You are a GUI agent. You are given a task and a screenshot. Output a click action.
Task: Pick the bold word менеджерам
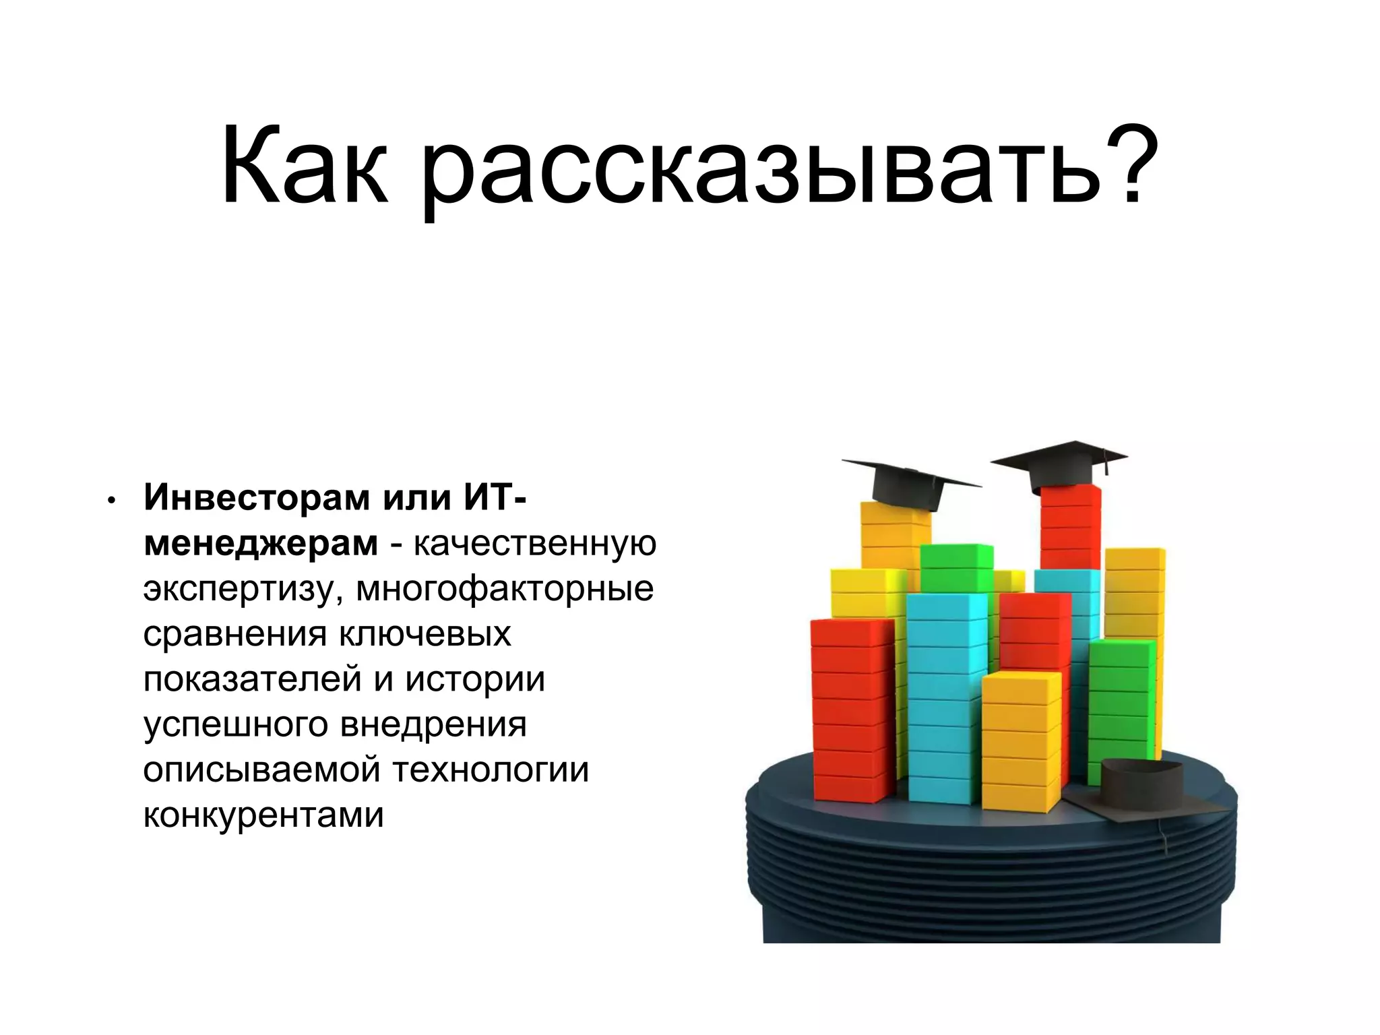(261, 544)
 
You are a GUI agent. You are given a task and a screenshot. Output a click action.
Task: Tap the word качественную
(535, 544)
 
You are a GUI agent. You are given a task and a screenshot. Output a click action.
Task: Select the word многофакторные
(505, 589)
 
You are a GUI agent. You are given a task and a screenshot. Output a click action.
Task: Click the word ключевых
(425, 634)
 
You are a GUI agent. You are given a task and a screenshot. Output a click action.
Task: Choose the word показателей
(253, 679)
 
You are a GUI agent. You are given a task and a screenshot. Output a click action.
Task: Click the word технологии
(490, 770)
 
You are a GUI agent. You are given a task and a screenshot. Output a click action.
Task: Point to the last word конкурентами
(263, 815)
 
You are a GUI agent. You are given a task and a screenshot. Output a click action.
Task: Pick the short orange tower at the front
(1020, 741)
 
